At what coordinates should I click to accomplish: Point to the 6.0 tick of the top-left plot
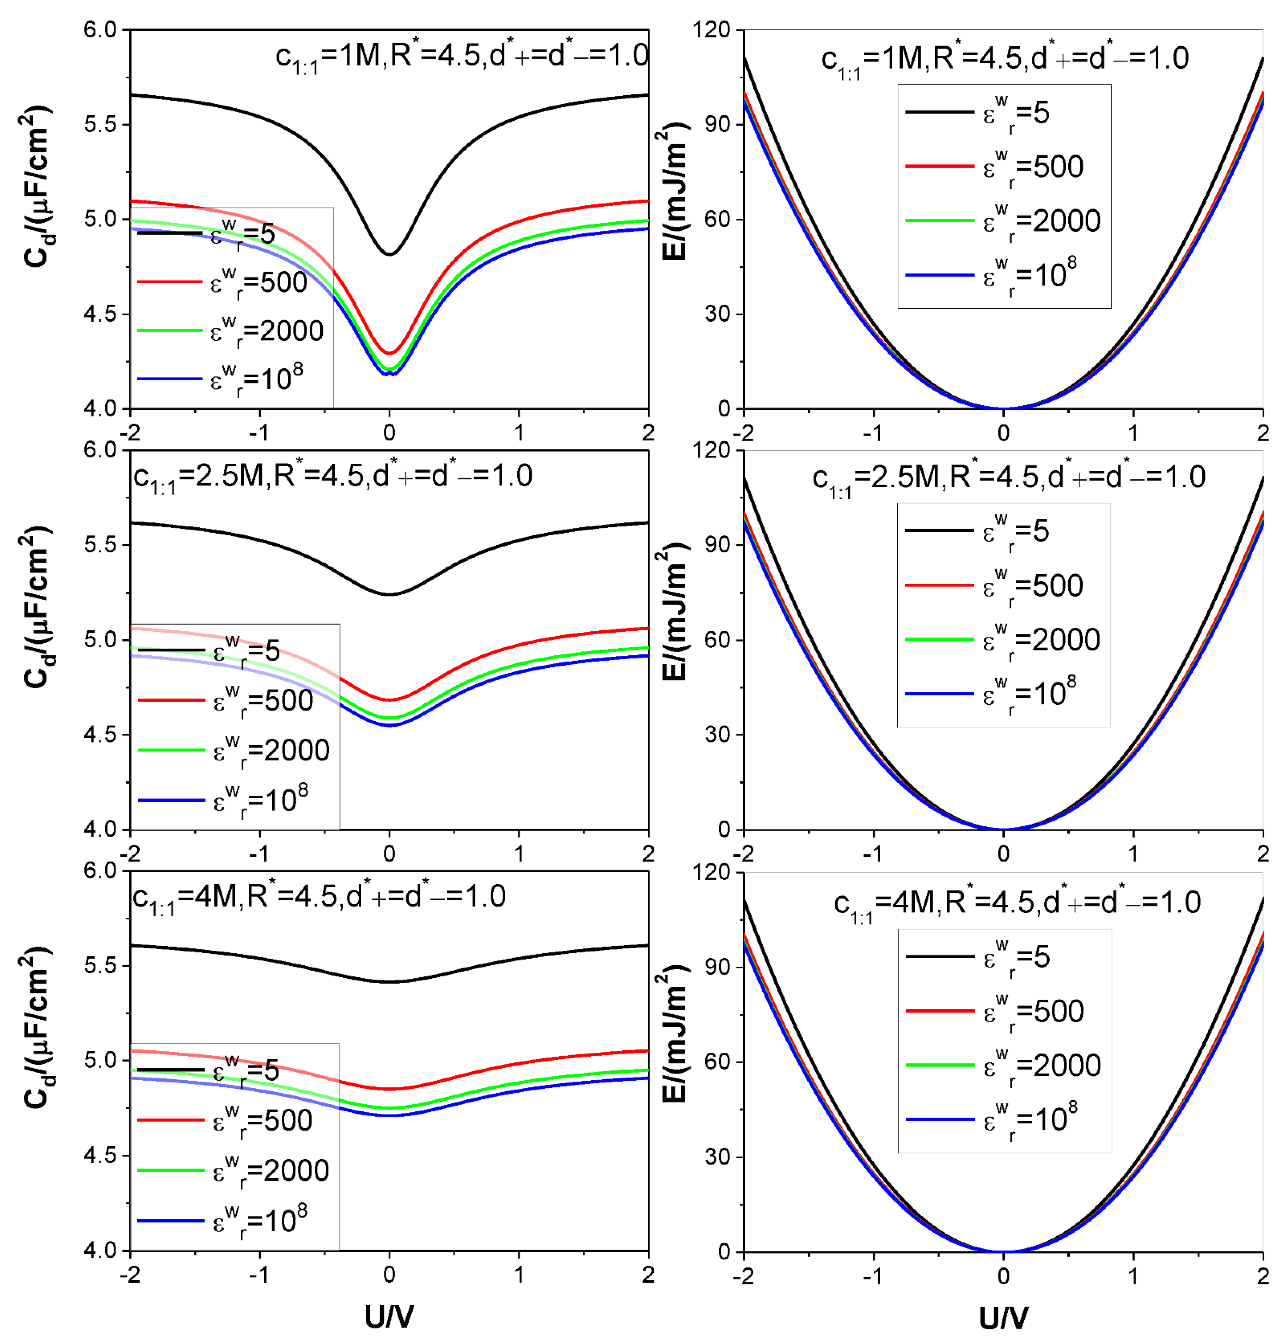[x=101, y=30]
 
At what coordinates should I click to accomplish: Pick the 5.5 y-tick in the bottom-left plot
[x=101, y=965]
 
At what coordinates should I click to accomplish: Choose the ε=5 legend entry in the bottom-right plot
[x=978, y=957]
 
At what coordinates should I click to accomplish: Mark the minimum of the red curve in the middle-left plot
[x=389, y=700]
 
